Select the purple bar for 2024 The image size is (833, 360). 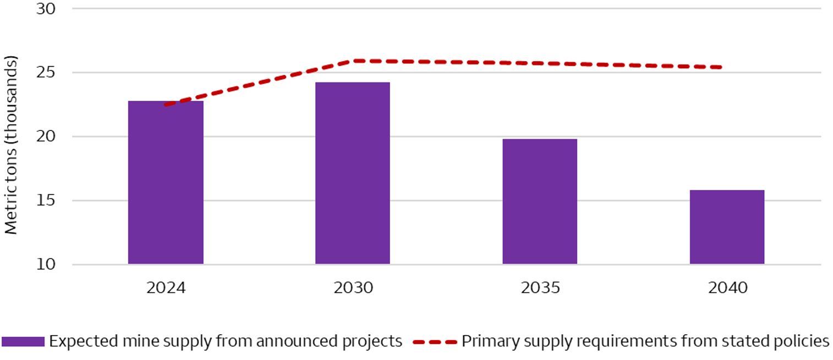click(166, 182)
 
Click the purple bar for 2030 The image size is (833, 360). click(353, 173)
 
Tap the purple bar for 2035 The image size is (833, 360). click(540, 201)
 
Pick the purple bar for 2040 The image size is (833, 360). click(727, 227)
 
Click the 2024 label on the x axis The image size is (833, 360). click(166, 288)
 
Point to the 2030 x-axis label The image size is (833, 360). click(353, 288)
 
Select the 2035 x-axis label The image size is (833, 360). click(540, 288)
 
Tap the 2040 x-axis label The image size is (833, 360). click(727, 288)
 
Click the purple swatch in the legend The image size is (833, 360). click(23, 342)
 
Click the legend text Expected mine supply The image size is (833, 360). click(226, 341)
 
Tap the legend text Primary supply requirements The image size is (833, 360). click(645, 341)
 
